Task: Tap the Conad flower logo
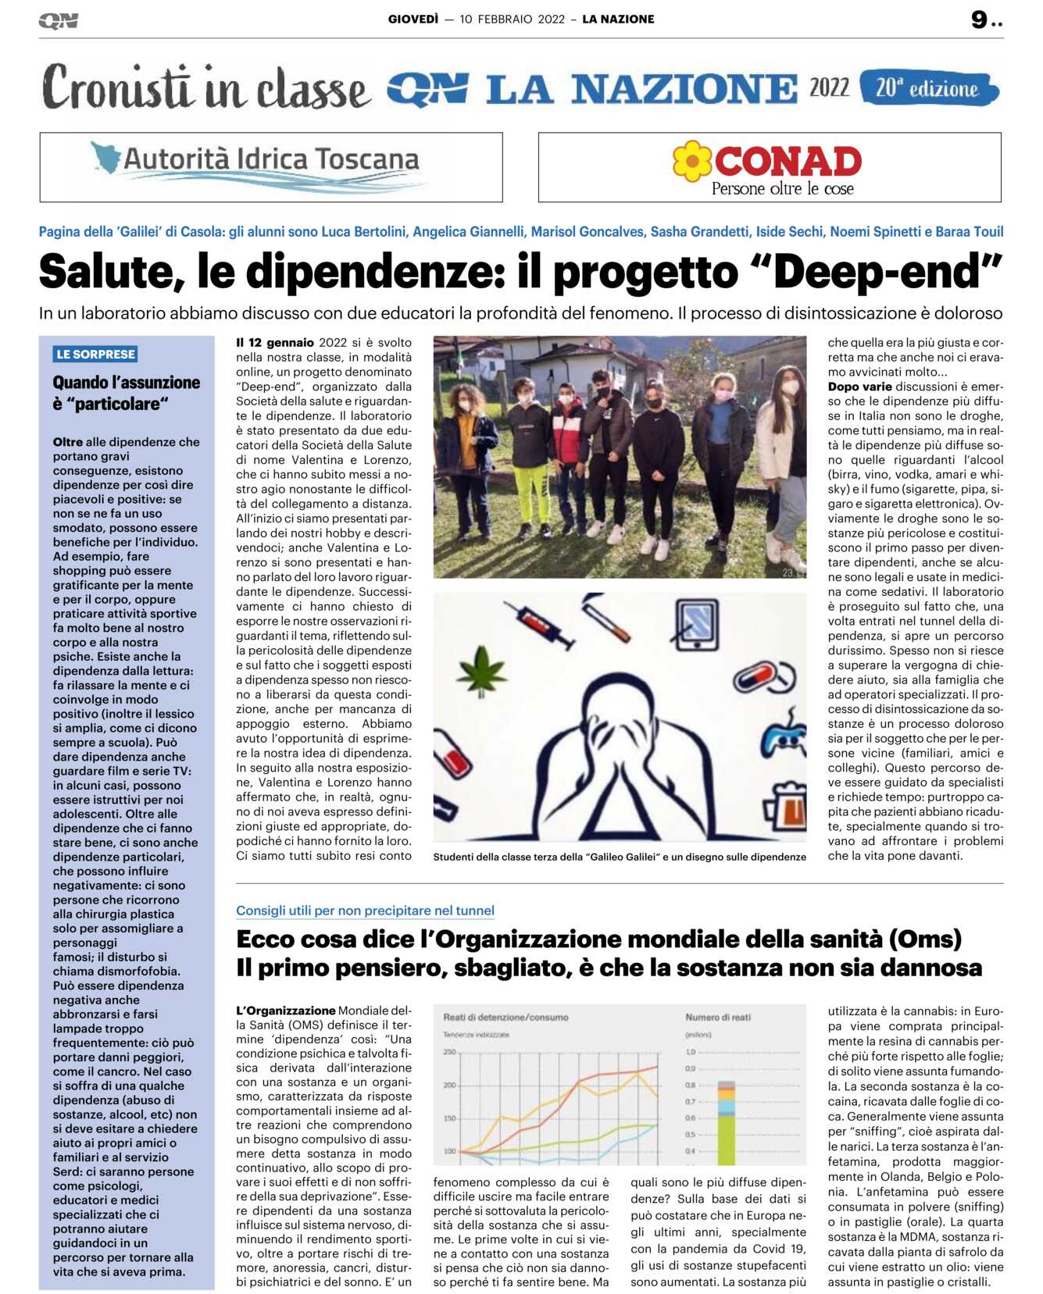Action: (692, 160)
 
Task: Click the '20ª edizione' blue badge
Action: (928, 88)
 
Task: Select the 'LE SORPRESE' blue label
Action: (95, 354)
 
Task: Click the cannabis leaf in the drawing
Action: (482, 669)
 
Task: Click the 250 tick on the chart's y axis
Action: (449, 1052)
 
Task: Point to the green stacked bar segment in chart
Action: (726, 1139)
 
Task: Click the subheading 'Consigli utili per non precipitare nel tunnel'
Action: (365, 910)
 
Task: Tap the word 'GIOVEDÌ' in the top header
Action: (413, 19)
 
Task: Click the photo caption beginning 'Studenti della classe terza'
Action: (619, 857)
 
